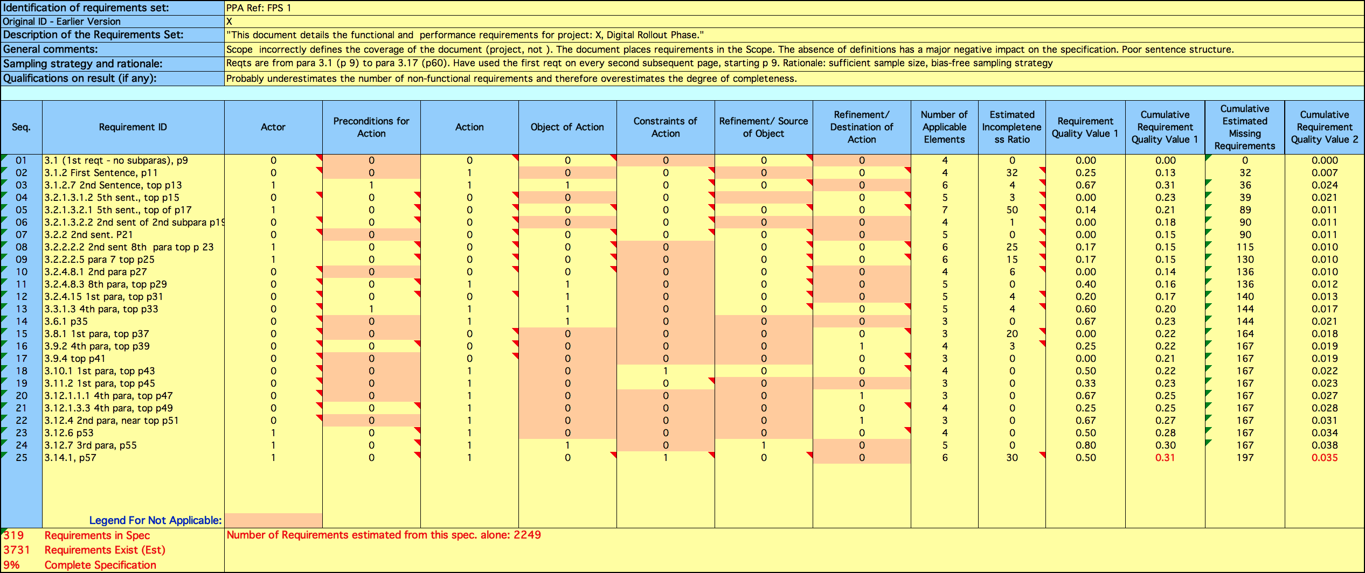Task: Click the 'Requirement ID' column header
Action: pos(133,127)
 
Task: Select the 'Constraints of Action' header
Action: pos(666,127)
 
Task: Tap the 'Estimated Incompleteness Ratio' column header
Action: pos(1011,127)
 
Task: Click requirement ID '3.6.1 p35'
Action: pos(66,322)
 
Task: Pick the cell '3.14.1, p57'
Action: pos(70,458)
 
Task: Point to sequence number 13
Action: pos(21,309)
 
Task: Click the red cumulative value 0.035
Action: pos(1325,458)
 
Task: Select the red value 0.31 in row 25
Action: pos(1165,458)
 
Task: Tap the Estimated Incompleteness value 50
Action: pos(1012,210)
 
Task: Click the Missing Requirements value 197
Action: pos(1245,458)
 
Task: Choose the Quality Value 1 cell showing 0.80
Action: pos(1085,445)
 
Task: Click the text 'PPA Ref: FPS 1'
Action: pos(258,8)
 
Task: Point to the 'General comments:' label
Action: pos(51,49)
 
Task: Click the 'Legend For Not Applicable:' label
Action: pos(155,520)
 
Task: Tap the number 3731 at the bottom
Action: pos(17,550)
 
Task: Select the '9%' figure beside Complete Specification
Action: pos(11,565)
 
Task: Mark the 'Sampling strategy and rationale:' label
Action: pos(82,64)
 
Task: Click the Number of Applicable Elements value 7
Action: pos(945,210)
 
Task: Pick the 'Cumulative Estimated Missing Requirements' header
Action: pos(1245,127)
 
